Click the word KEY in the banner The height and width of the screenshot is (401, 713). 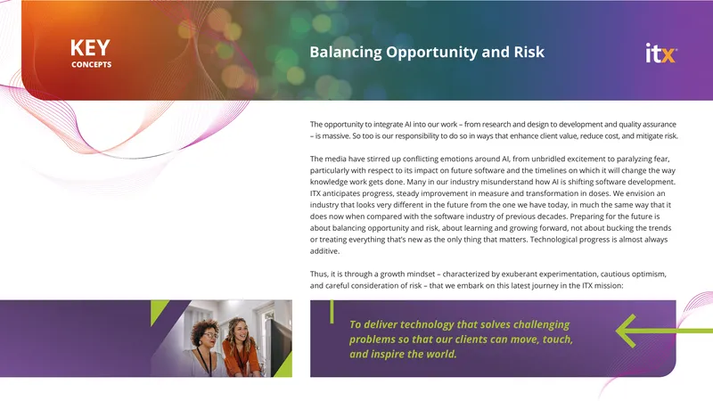(90, 48)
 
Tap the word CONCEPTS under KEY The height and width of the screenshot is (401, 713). (92, 64)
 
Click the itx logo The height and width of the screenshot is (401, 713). (661, 53)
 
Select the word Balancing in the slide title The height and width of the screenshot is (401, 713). (346, 53)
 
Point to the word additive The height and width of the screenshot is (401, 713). (324, 251)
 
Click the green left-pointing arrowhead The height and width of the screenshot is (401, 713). (626, 331)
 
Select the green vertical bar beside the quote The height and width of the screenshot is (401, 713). (332, 312)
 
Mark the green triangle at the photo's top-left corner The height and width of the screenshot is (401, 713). (157, 309)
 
